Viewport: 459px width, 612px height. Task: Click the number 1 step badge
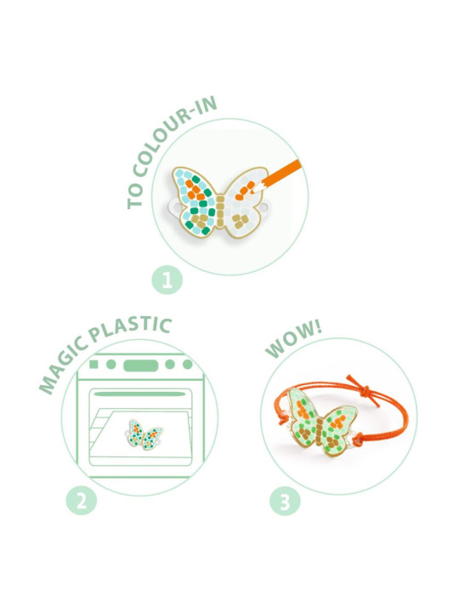pos(167,280)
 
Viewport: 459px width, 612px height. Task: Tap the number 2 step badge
pos(82,501)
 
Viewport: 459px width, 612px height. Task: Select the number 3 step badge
pos(285,501)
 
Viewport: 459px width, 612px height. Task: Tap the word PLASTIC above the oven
pos(129,329)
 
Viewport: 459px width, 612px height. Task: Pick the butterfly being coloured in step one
pos(219,201)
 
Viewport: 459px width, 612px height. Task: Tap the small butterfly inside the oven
pos(144,434)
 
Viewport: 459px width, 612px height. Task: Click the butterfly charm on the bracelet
pos(321,422)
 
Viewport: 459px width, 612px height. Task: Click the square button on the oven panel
pos(93,364)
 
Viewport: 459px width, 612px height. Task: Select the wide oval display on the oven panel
pos(141,365)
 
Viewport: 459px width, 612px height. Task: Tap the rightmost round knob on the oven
pos(188,364)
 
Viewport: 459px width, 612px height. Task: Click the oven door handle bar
pos(139,394)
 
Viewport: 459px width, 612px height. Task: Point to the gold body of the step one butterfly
pos(220,211)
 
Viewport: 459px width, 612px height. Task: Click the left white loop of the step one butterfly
pos(174,207)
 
